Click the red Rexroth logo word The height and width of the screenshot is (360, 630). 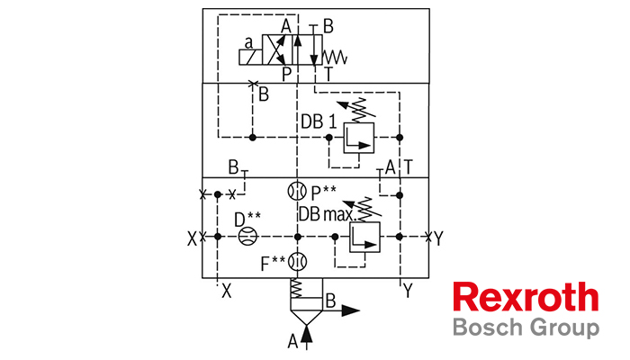pos(526,296)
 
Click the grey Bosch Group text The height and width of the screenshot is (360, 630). pos(526,328)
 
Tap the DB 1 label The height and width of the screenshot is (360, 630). pos(319,121)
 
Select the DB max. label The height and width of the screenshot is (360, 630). pos(328,214)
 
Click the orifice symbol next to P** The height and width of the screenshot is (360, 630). pos(297,191)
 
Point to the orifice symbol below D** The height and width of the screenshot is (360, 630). pos(247,236)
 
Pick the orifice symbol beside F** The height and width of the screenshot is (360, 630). pos(297,262)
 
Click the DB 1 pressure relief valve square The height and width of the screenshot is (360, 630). pos(359,138)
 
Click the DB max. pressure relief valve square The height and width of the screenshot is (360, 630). pos(364,237)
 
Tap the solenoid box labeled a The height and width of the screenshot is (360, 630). pos(250,57)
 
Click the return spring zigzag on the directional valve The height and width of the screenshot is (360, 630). pos(335,57)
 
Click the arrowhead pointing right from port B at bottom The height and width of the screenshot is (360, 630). pos(351,310)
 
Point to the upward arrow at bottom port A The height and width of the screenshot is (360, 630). pos(307,339)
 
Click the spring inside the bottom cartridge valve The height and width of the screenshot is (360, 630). pos(296,288)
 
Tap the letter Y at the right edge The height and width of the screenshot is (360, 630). pos(438,238)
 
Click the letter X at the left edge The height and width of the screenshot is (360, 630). pos(192,239)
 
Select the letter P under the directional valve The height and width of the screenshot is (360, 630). pos(286,75)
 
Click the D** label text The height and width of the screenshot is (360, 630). pos(247,219)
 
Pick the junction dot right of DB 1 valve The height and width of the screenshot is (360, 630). pos(400,138)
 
